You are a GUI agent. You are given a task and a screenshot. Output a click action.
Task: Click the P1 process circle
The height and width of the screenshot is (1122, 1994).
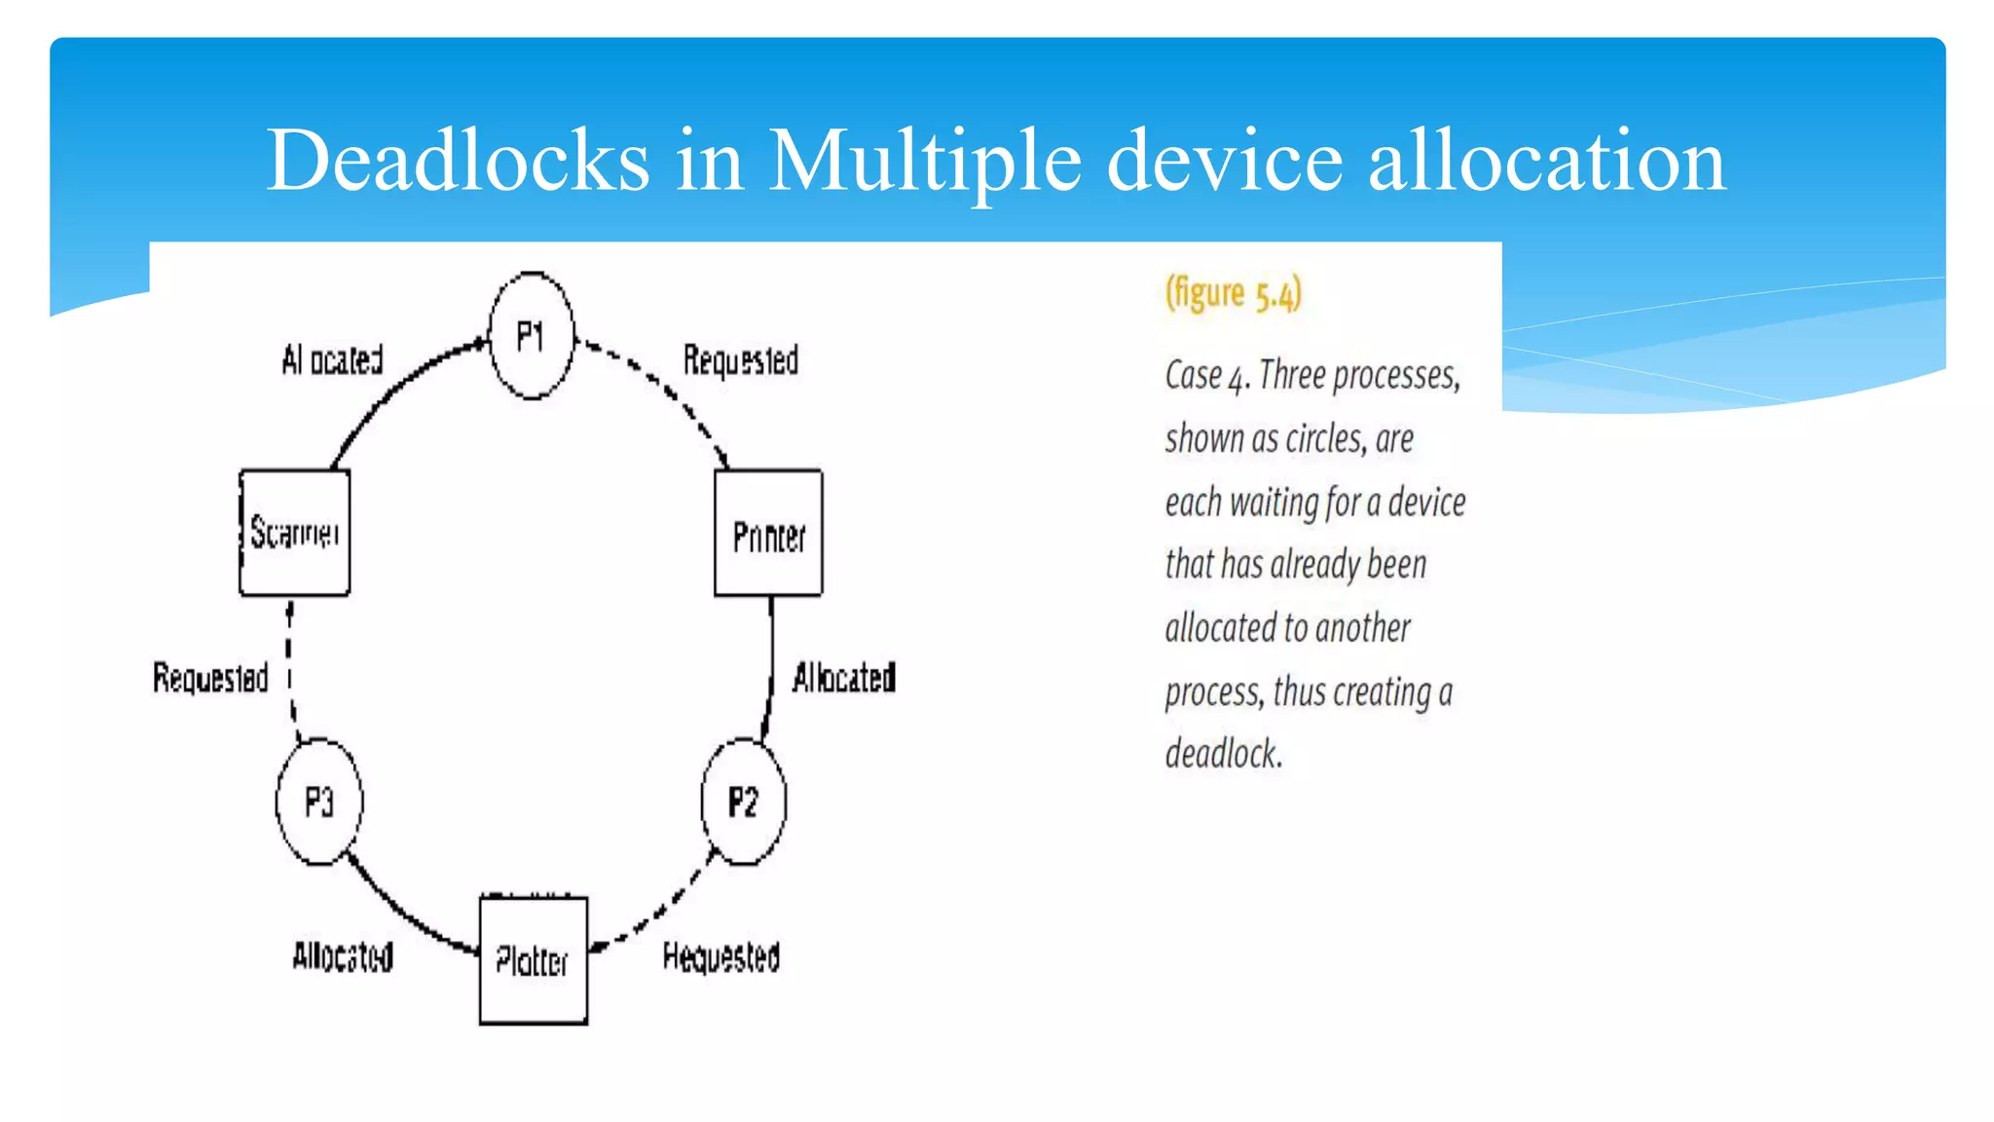pos(531,336)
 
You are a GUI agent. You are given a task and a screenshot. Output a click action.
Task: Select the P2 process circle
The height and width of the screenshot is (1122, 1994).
pos(743,802)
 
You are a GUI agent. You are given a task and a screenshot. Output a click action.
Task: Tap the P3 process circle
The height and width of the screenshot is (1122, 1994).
pos(319,802)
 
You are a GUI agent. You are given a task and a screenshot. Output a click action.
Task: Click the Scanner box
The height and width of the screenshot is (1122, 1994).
pos(294,533)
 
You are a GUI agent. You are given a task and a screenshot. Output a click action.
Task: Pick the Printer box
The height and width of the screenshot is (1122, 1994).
pos(768,534)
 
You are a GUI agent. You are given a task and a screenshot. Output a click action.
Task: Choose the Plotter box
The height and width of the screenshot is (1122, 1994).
pos(533,960)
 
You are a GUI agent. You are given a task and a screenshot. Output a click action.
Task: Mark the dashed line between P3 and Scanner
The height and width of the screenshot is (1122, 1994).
pos(290,672)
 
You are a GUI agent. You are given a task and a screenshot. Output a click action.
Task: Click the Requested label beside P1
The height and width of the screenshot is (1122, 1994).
pos(740,360)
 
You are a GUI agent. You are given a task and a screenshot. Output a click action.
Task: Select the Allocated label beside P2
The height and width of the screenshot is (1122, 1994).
pos(843,677)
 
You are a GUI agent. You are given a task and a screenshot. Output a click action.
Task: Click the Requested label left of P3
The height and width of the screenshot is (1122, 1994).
pos(210,677)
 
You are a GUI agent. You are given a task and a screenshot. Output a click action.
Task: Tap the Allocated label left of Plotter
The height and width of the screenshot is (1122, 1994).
pos(343,956)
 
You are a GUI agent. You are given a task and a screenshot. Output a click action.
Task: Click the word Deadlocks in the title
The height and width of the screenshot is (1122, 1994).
pos(458,160)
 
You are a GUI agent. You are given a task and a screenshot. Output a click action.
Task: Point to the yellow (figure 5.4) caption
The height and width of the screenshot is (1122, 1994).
pos(1234,293)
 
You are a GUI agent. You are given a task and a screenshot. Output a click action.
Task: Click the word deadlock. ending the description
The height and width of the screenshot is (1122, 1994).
pos(1224,754)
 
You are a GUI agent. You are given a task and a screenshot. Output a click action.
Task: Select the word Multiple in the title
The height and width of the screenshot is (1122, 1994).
pos(925,160)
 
